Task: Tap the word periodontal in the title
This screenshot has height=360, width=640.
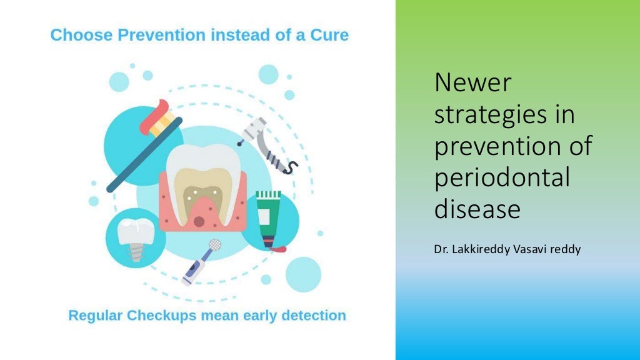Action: pos(502,178)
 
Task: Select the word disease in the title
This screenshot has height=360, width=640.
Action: pos(477,209)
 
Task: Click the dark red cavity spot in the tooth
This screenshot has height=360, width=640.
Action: pos(199,221)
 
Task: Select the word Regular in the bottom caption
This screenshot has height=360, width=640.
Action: pos(96,316)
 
